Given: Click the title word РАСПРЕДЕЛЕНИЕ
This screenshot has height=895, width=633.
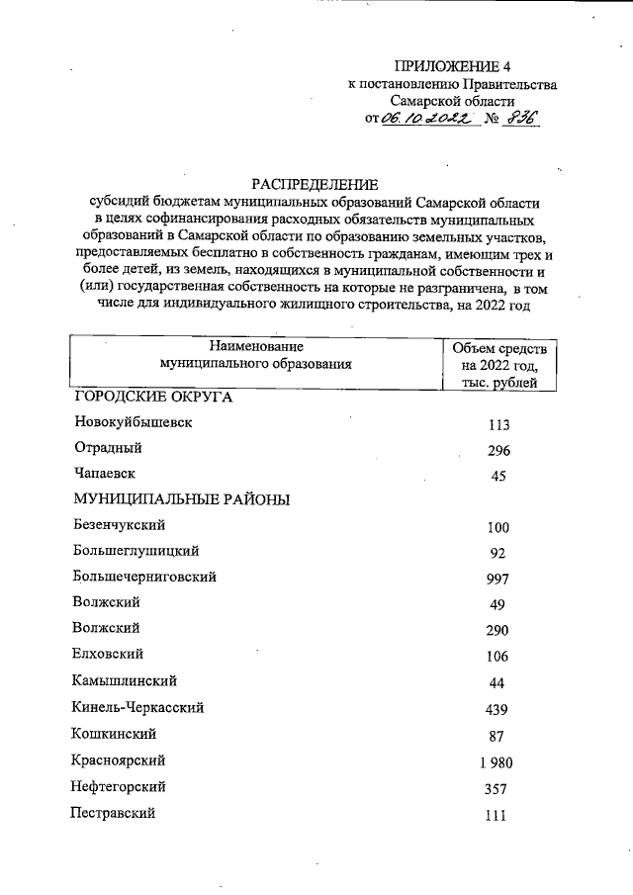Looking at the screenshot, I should click(315, 183).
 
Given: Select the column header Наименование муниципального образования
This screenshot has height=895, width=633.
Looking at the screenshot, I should click(255, 355).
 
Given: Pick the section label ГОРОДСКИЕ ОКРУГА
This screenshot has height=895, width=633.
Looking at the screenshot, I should click(153, 397).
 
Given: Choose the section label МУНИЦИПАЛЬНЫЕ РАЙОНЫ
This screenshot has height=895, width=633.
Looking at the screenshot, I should click(181, 499).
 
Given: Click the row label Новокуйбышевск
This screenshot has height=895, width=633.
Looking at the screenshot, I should click(133, 422).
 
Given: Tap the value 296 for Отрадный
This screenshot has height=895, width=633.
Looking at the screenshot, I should click(497, 451).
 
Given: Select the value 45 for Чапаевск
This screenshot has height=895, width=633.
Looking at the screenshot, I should click(497, 477).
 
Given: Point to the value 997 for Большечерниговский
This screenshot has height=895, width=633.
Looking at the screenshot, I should click(497, 579).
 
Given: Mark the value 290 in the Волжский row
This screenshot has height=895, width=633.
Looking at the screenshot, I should click(497, 630).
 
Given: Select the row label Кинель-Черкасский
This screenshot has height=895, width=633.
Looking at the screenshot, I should click(137, 707).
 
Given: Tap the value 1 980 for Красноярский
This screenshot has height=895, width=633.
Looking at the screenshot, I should click(494, 762).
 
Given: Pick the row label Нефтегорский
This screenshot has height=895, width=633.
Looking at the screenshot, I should click(118, 787).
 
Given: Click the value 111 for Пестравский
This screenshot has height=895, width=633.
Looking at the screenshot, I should click(497, 816).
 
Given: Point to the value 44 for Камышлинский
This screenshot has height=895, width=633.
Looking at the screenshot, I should click(497, 683).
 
